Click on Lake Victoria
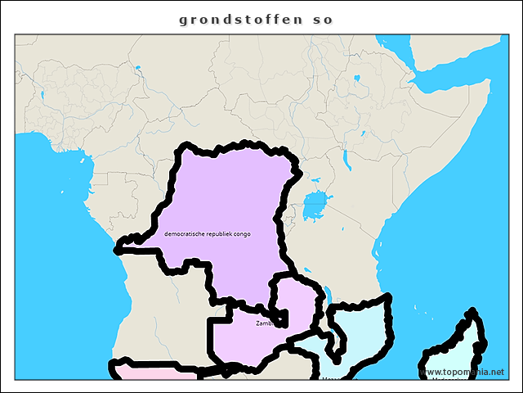click(x=315, y=205)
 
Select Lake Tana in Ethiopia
click(x=357, y=79)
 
